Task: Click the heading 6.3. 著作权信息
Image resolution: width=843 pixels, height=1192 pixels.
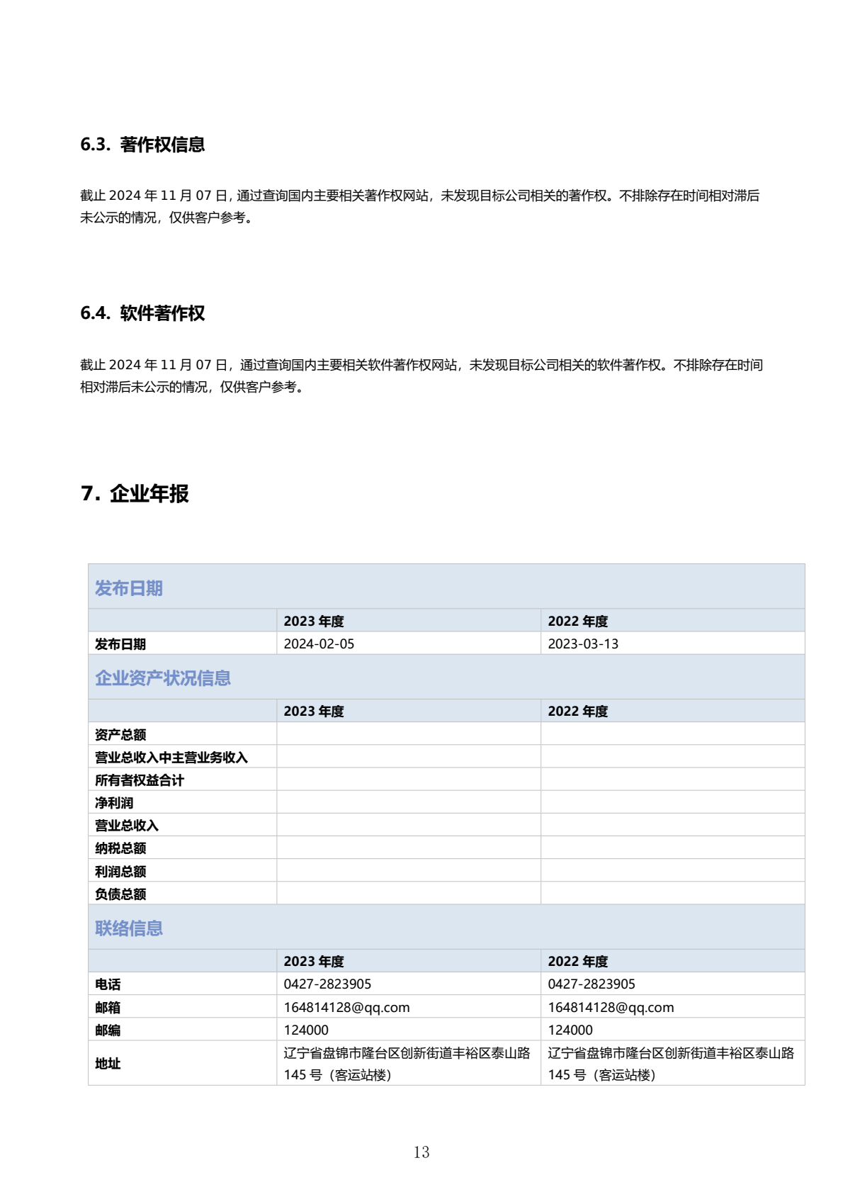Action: pos(142,145)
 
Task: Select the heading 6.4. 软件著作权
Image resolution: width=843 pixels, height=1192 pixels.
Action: pos(142,313)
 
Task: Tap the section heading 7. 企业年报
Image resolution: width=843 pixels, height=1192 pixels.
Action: pos(135,493)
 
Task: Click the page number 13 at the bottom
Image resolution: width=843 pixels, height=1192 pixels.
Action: pos(421,1152)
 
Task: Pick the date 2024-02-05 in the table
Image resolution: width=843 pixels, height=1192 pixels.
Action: pos(319,643)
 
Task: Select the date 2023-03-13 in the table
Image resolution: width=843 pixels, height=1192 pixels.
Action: pos(583,643)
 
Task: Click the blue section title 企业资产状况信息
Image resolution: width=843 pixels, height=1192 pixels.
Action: pos(163,678)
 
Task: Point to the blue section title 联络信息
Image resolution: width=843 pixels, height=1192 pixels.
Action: pos(129,928)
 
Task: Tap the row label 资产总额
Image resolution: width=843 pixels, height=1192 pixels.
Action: pos(120,734)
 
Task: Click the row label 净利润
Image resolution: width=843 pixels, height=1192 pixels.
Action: pos(114,803)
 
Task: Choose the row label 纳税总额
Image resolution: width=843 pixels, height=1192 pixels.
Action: pos(120,848)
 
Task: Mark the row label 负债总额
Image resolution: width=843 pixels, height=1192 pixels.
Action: pos(120,894)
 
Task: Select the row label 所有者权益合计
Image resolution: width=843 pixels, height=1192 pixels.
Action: pos(140,780)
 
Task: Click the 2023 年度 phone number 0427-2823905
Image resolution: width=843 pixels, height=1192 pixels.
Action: pos(327,984)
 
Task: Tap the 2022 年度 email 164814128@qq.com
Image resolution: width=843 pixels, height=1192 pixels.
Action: pos(611,1007)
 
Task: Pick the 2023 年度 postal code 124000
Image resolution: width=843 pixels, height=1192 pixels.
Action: pos(306,1030)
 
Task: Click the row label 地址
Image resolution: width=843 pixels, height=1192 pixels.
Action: pos(108,1064)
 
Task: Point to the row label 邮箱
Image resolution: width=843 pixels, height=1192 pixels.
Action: pos(108,1007)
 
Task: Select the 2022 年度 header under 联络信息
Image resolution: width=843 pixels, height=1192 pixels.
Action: pos(577,961)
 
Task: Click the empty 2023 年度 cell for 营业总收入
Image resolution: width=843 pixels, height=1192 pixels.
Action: pos(408,826)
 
